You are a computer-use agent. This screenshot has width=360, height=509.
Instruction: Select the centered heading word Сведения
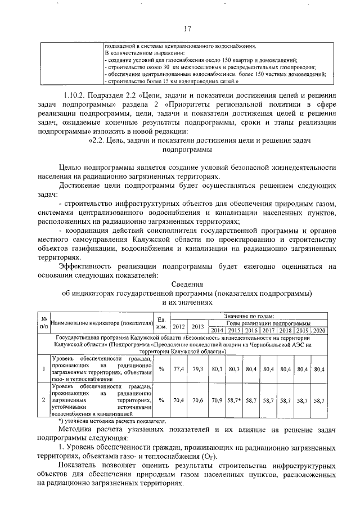(x=187, y=285)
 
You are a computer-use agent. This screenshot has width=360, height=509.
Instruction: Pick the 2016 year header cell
(x=251, y=330)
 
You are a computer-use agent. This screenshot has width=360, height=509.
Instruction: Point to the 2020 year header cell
(x=319, y=330)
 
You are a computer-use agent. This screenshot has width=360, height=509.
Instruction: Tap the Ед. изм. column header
(x=161, y=323)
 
